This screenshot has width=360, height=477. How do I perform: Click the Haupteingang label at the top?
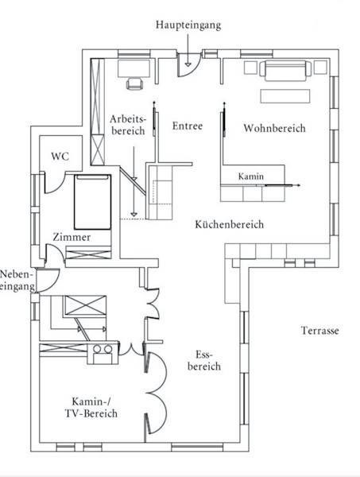(x=188, y=25)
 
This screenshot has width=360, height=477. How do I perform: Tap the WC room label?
(x=60, y=157)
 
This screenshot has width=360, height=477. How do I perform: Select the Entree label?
(x=188, y=126)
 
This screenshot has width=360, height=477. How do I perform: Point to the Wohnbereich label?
(x=274, y=128)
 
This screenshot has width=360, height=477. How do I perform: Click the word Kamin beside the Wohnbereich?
(x=251, y=176)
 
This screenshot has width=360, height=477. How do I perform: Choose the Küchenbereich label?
(x=229, y=224)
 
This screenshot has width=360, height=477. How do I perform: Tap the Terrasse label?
(x=319, y=331)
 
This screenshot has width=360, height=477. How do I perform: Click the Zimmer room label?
(x=72, y=237)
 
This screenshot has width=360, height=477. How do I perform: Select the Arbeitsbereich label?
(x=128, y=125)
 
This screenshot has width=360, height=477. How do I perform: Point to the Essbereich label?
(x=204, y=360)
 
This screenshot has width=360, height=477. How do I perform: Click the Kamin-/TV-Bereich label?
(x=91, y=408)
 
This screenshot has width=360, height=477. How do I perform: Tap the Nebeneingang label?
(x=17, y=281)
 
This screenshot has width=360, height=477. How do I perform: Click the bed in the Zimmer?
(x=92, y=202)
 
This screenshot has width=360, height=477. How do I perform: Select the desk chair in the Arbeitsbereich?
(x=134, y=83)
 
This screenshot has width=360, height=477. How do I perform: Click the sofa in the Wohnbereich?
(x=285, y=71)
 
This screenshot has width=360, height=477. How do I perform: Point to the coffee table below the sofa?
(x=285, y=96)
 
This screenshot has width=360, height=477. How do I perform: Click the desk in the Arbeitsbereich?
(x=134, y=68)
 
